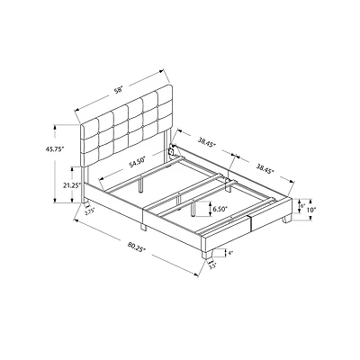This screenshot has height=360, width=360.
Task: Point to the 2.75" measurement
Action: (89, 212)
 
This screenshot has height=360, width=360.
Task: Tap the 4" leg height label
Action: (230, 254)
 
